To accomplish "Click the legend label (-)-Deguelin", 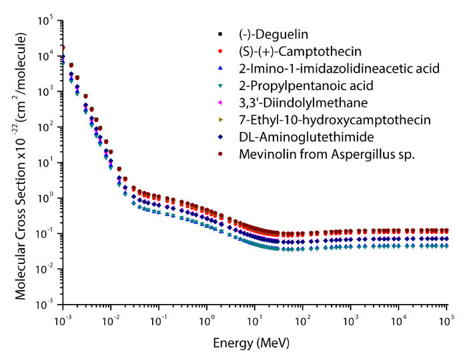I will click(x=270, y=34).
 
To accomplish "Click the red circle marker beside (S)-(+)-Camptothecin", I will click(x=220, y=51).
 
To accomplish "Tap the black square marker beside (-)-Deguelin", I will click(x=220, y=34).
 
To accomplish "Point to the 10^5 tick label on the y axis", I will click(x=45, y=21).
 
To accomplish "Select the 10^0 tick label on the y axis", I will click(x=45, y=198).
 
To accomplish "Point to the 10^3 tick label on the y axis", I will click(x=45, y=91).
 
